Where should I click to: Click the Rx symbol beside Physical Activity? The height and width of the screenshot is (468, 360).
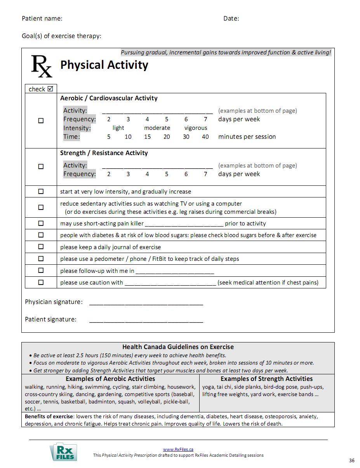(x=41, y=66)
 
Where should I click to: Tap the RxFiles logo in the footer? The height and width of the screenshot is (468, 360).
(x=63, y=452)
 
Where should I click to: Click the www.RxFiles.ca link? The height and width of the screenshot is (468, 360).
(x=178, y=449)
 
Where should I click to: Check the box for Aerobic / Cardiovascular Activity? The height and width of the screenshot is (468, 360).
(x=41, y=120)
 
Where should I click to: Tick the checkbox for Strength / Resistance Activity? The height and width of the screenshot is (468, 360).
(x=41, y=166)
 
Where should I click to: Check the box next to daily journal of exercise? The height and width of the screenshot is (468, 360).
(x=41, y=247)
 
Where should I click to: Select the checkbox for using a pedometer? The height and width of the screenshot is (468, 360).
(x=41, y=258)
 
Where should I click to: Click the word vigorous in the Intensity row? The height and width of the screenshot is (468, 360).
(x=196, y=128)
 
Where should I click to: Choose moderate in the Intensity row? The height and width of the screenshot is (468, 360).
(x=157, y=128)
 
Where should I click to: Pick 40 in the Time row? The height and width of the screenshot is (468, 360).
(x=205, y=137)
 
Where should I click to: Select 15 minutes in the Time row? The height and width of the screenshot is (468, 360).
(x=147, y=137)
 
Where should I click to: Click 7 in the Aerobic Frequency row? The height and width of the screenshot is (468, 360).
(x=205, y=119)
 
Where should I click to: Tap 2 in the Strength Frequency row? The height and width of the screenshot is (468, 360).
(x=109, y=174)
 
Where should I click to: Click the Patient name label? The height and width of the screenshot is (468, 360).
(x=42, y=18)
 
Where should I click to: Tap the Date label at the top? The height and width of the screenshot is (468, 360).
(x=231, y=18)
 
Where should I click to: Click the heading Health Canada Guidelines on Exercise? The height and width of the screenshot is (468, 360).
(x=178, y=347)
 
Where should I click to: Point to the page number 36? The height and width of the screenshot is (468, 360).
(x=351, y=461)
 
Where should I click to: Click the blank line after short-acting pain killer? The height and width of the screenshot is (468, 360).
(x=184, y=224)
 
